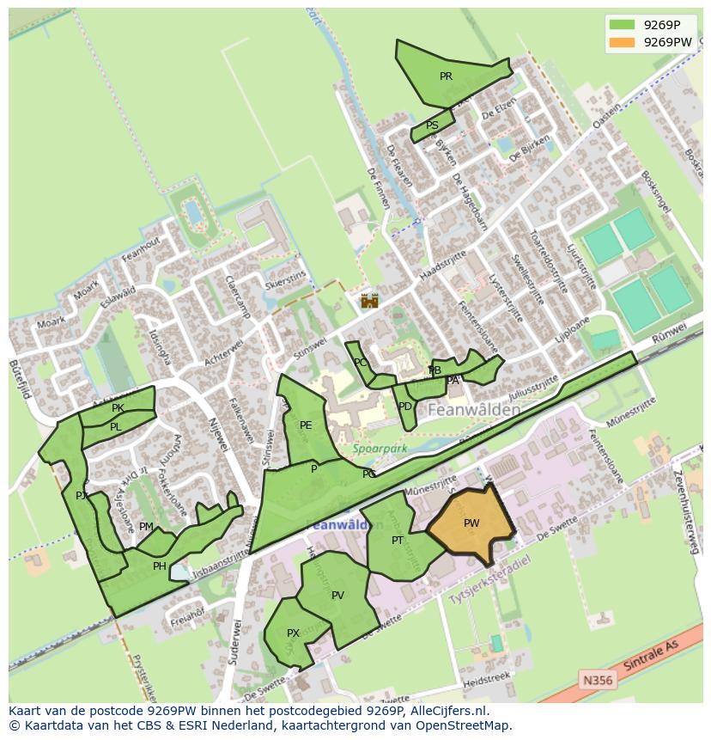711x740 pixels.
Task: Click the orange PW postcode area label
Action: (471, 523)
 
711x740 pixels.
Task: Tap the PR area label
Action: (446, 76)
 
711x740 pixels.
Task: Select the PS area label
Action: (432, 125)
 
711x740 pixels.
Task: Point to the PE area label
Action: (306, 425)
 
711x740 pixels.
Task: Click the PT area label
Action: (398, 541)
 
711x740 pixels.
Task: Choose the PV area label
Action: (337, 596)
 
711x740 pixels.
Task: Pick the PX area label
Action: (293, 633)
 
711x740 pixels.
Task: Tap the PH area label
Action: (159, 566)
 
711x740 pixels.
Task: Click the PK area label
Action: (118, 408)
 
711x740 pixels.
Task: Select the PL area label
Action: (115, 427)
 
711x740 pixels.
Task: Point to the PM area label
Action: (146, 527)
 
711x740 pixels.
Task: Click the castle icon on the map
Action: (370, 301)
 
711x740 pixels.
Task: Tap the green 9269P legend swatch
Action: (622, 25)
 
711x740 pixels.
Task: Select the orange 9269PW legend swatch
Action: (622, 42)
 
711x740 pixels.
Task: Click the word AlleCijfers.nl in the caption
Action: (447, 712)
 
